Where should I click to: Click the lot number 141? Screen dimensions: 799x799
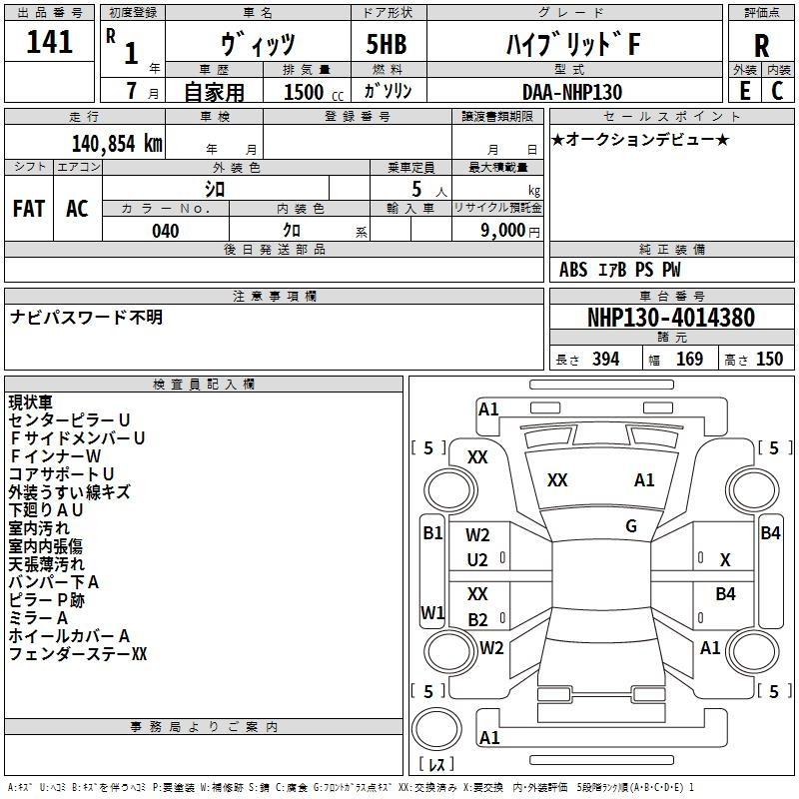49,42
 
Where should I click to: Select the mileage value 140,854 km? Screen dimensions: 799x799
117,144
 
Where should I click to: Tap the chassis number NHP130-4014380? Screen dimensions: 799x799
671,317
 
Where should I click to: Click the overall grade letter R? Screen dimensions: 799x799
761,46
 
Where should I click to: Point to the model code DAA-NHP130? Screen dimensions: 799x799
572,92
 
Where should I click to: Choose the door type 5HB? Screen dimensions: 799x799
387,44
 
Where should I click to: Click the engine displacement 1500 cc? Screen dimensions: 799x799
314,92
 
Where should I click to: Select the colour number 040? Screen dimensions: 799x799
166,231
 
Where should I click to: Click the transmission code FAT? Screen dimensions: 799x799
29,209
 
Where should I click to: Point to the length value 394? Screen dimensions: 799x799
606,359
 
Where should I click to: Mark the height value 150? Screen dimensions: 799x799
769,359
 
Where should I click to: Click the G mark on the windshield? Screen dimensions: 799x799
631,526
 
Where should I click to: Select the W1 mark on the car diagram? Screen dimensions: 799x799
432,612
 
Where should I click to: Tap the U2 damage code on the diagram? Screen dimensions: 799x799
477,560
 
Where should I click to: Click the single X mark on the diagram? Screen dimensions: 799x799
725,560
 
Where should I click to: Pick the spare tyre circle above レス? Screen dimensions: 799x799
436,728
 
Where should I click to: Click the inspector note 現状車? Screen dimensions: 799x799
31,402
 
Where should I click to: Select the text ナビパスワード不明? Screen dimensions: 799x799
86,317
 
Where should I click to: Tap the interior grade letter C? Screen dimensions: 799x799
777,91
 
